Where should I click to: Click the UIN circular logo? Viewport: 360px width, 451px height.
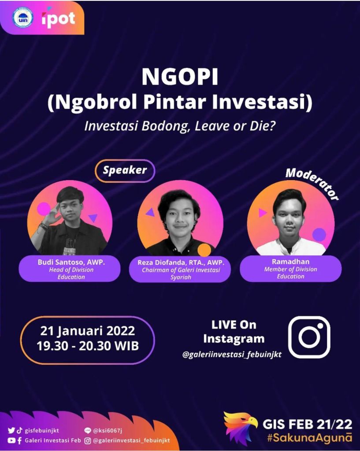coord(23,18)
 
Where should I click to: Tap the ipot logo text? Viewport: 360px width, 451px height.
coord(59,19)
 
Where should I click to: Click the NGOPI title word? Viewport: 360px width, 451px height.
coord(180,77)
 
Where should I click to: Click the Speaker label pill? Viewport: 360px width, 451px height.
coord(125,170)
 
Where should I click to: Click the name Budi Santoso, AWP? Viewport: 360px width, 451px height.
coord(71,262)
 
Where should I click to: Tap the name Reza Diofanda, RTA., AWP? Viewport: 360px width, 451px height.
coord(180,262)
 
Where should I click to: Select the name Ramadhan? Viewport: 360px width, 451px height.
coord(291,262)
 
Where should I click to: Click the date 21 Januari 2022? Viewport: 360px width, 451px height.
coord(88,331)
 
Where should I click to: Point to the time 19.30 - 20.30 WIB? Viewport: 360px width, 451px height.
coord(88,346)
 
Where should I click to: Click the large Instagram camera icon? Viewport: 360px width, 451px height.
coord(309,337)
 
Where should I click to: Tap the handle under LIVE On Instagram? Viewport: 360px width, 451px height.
coord(232,355)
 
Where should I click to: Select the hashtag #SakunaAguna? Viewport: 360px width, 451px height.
coord(309,438)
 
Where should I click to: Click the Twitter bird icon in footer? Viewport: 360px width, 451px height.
coord(11,431)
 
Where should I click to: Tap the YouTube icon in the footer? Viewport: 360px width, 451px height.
coord(11,440)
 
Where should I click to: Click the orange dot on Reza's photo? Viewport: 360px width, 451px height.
coord(204,250)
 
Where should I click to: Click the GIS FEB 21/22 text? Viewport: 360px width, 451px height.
coord(307,424)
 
